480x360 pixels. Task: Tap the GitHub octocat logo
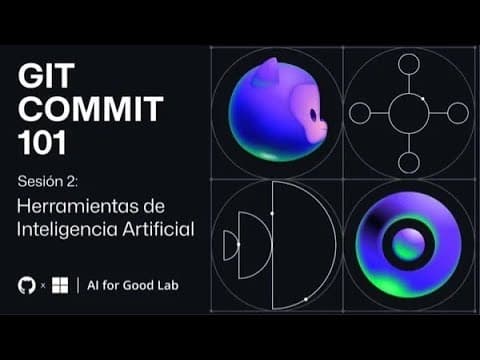point(27,285)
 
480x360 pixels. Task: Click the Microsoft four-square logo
point(61,285)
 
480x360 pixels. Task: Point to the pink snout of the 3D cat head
point(316,127)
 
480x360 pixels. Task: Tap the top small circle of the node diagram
point(408,64)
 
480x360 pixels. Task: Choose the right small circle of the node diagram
point(457,113)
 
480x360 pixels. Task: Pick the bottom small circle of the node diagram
point(408,162)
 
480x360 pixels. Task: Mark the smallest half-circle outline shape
point(230,245)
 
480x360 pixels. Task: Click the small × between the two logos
point(43,286)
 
